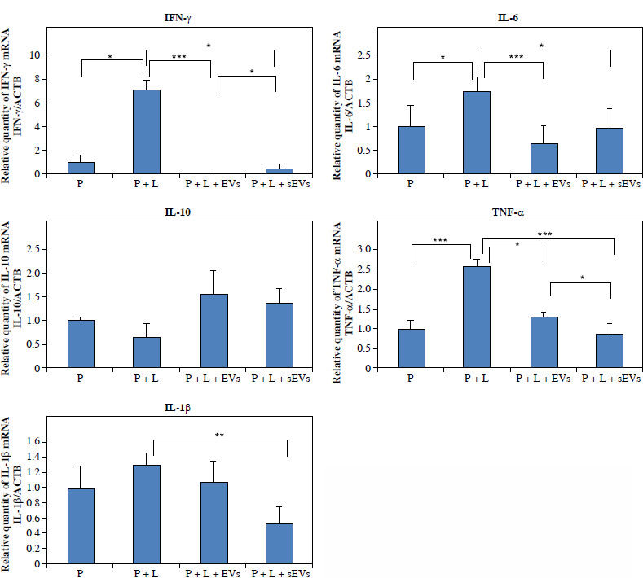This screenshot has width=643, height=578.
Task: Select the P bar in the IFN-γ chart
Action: click(x=81, y=168)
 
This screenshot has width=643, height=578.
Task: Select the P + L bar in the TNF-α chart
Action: click(x=477, y=317)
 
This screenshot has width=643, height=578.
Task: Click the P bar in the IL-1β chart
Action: click(x=81, y=526)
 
